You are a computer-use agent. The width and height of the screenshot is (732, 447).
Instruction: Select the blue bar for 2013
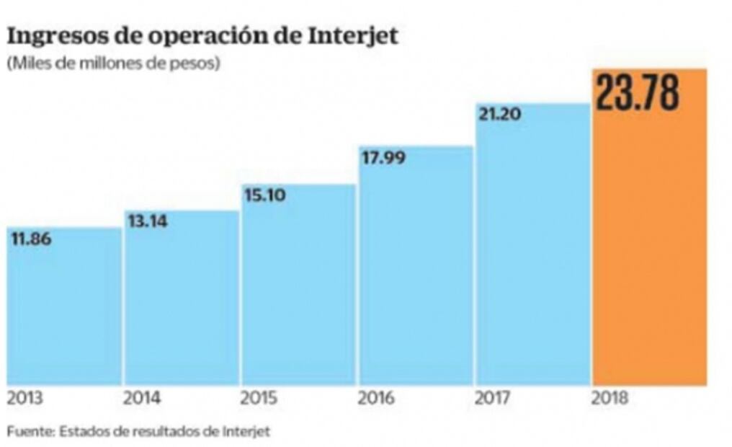[64, 310]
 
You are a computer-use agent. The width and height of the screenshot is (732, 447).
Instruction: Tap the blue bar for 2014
[182, 303]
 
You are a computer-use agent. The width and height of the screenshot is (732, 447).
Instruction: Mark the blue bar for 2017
[532, 252]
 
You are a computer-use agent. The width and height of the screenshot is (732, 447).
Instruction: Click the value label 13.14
[148, 221]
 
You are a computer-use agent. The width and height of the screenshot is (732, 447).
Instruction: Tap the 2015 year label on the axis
[259, 398]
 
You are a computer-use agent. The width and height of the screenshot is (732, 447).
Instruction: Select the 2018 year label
[610, 398]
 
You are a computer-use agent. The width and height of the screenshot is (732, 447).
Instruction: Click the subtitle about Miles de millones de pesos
[113, 63]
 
